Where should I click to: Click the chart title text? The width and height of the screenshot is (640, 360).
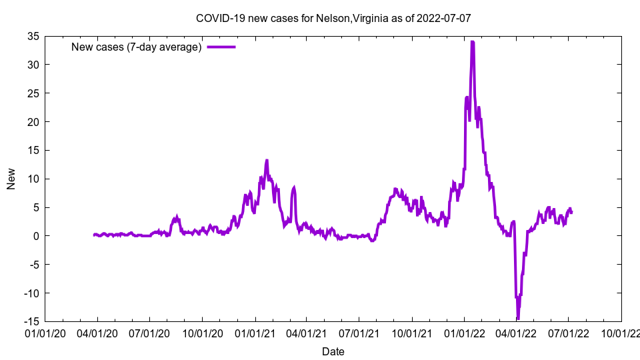click(333, 18)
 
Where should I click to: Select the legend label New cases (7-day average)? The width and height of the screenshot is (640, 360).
click(137, 47)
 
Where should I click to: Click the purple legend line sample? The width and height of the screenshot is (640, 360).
click(221, 47)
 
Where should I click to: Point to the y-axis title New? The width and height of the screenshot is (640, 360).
click(11, 179)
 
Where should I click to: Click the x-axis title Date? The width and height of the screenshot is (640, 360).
click(333, 351)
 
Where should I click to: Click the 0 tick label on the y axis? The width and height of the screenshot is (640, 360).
click(37, 236)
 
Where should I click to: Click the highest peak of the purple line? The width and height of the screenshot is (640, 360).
click(473, 42)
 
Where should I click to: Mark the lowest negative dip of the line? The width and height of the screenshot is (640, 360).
click(518, 319)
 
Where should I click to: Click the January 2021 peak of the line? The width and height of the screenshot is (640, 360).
click(267, 161)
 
